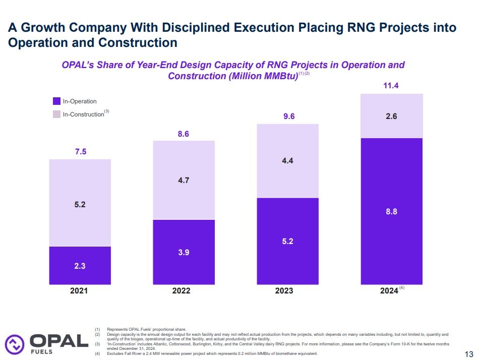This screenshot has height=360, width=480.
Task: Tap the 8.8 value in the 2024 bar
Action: click(392, 212)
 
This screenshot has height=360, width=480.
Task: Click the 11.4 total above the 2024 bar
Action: click(391, 86)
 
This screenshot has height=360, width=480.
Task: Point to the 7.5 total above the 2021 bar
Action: click(81, 151)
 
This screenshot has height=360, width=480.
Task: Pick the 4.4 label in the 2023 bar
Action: click(287, 161)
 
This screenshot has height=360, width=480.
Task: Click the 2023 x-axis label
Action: click(287, 291)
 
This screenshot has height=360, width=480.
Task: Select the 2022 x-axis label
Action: click(184, 291)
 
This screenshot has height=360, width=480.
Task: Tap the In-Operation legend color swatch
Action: click(56, 101)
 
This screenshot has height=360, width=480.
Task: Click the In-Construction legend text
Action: click(83, 114)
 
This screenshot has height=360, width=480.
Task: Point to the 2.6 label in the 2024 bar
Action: click(392, 116)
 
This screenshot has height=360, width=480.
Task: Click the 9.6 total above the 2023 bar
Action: click(287, 116)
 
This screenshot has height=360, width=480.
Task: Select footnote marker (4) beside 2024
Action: click(402, 288)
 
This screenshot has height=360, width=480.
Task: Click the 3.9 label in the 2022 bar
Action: click(184, 252)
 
